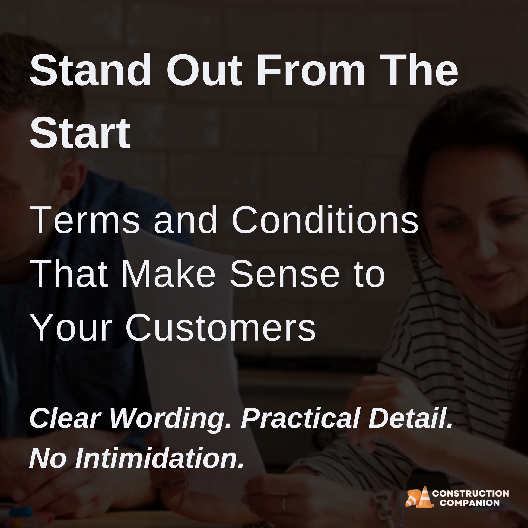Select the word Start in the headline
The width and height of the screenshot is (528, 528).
pyautogui.click(x=80, y=133)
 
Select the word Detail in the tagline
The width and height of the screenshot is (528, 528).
pyautogui.click(x=410, y=418)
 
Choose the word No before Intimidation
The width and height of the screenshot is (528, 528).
pyautogui.click(x=48, y=459)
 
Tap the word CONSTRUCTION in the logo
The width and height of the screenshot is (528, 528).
pyautogui.click(x=470, y=494)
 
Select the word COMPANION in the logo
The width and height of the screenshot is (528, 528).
pyautogui.click(x=470, y=503)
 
